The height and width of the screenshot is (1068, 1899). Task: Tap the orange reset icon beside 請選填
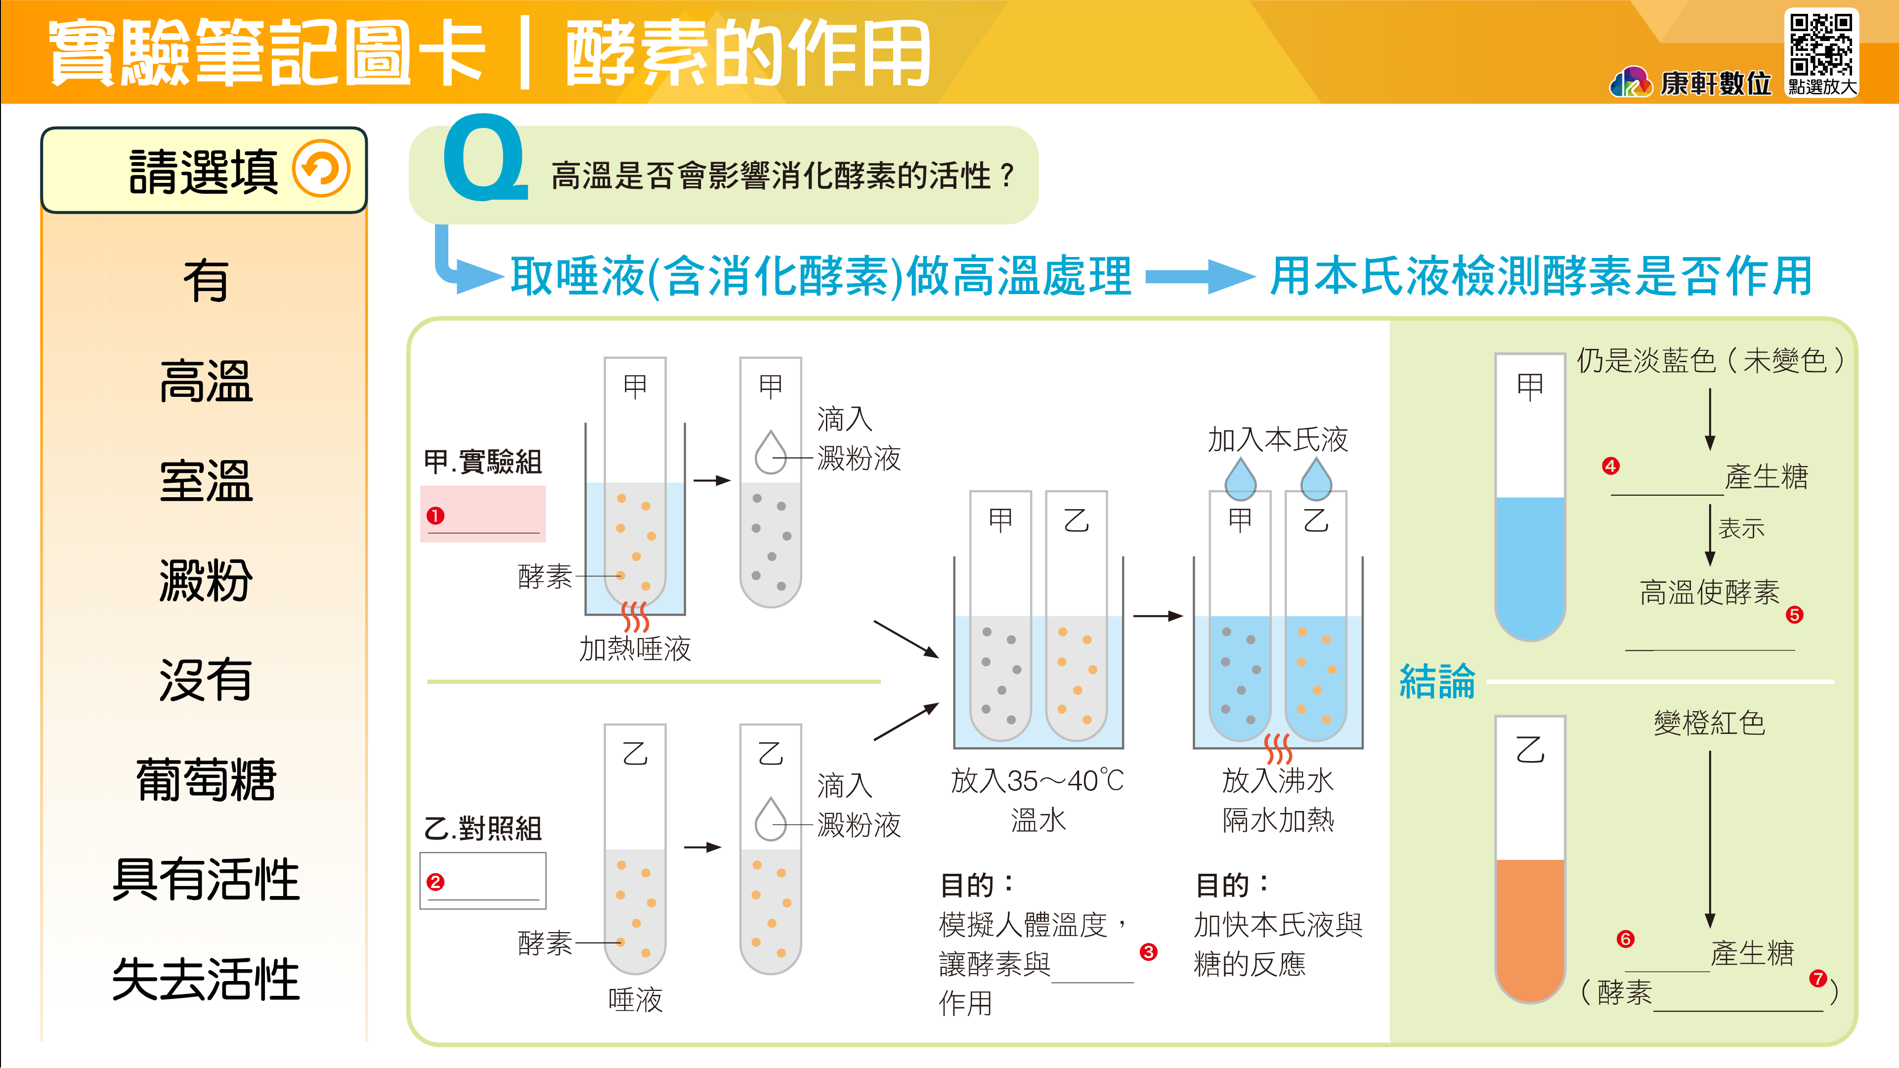pos(321,169)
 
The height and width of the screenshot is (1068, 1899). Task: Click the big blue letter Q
pos(484,159)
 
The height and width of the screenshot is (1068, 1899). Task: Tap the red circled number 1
pos(435,515)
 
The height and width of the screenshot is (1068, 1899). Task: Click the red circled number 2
pos(435,882)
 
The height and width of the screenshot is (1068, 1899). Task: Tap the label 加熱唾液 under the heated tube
pos(635,648)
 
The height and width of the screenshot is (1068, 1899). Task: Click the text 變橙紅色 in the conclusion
pos(1709,723)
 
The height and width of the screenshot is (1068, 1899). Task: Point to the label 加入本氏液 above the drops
pos(1278,440)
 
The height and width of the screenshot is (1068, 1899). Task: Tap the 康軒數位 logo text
pos(1716,84)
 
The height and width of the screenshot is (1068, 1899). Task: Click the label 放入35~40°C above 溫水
pos(1037,780)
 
